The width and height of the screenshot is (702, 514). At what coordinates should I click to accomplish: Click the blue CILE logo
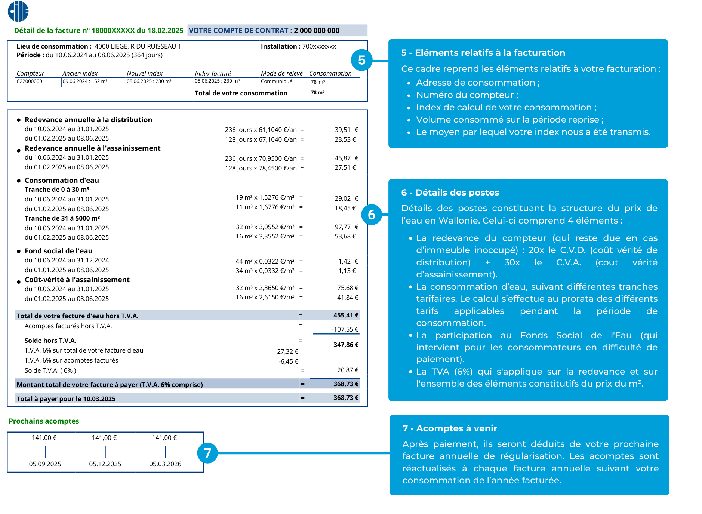[18, 11]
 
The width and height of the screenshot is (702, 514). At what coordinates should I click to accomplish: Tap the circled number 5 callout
[361, 60]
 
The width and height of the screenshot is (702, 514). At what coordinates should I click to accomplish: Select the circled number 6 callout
[371, 215]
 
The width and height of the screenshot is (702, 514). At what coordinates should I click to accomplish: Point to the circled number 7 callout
[207, 453]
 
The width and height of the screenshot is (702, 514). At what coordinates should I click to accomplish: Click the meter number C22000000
[29, 81]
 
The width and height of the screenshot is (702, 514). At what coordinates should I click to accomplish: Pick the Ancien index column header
[80, 73]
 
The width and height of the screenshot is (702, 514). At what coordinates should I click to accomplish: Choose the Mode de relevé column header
[281, 73]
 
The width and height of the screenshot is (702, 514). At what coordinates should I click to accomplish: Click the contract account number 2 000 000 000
[316, 31]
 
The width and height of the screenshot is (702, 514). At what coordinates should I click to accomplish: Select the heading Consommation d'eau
[62, 180]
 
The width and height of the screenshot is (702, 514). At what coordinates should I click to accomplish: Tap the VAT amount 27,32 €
[287, 351]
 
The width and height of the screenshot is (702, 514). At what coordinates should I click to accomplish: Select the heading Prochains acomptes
[44, 421]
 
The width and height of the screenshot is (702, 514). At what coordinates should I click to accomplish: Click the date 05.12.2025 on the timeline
[105, 464]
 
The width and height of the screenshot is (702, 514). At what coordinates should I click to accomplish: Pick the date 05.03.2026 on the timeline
[165, 464]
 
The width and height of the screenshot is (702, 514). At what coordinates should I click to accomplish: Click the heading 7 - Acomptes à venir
[449, 428]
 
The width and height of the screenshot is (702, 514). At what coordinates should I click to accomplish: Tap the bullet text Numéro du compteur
[467, 95]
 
